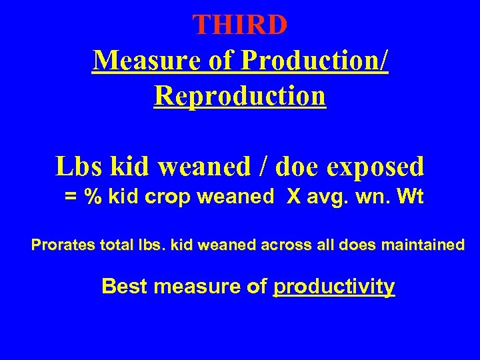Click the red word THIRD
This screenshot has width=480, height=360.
click(x=240, y=25)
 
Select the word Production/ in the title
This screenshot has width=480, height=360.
click(x=315, y=61)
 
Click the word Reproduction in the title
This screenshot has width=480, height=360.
click(x=240, y=95)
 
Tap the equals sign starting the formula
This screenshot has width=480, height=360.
click(x=69, y=198)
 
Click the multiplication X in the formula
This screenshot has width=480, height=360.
click(x=295, y=198)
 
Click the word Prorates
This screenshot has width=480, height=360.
click(x=64, y=245)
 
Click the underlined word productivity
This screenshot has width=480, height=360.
click(x=335, y=287)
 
